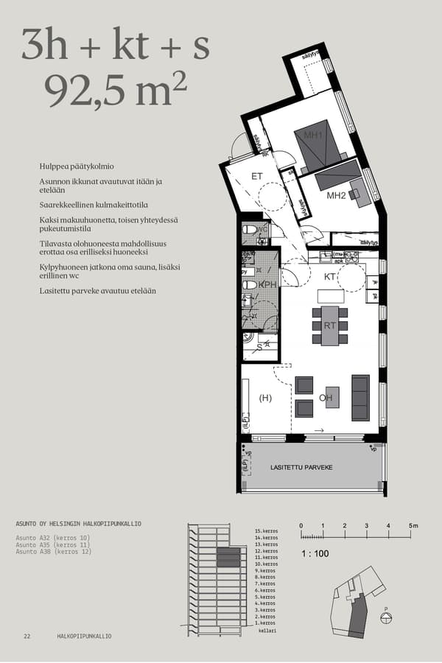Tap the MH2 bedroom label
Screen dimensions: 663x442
tap(336, 195)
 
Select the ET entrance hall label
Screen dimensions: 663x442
tap(257, 175)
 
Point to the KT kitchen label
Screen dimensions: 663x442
tap(330, 277)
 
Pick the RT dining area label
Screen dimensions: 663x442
tap(330, 325)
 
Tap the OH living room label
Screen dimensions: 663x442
tap(326, 398)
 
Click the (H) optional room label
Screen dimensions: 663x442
tap(266, 398)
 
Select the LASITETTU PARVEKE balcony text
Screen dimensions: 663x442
tap(302, 468)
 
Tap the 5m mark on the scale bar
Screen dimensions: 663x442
tap(413, 525)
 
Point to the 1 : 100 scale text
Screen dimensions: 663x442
tap(315, 552)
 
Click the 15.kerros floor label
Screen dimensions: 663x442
tap(266, 531)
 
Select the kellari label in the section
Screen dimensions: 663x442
tap(267, 631)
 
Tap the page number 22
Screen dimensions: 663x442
tap(27, 636)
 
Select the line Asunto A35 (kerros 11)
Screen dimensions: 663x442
tap(52, 544)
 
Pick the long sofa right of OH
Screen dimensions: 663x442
tap(360, 397)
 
